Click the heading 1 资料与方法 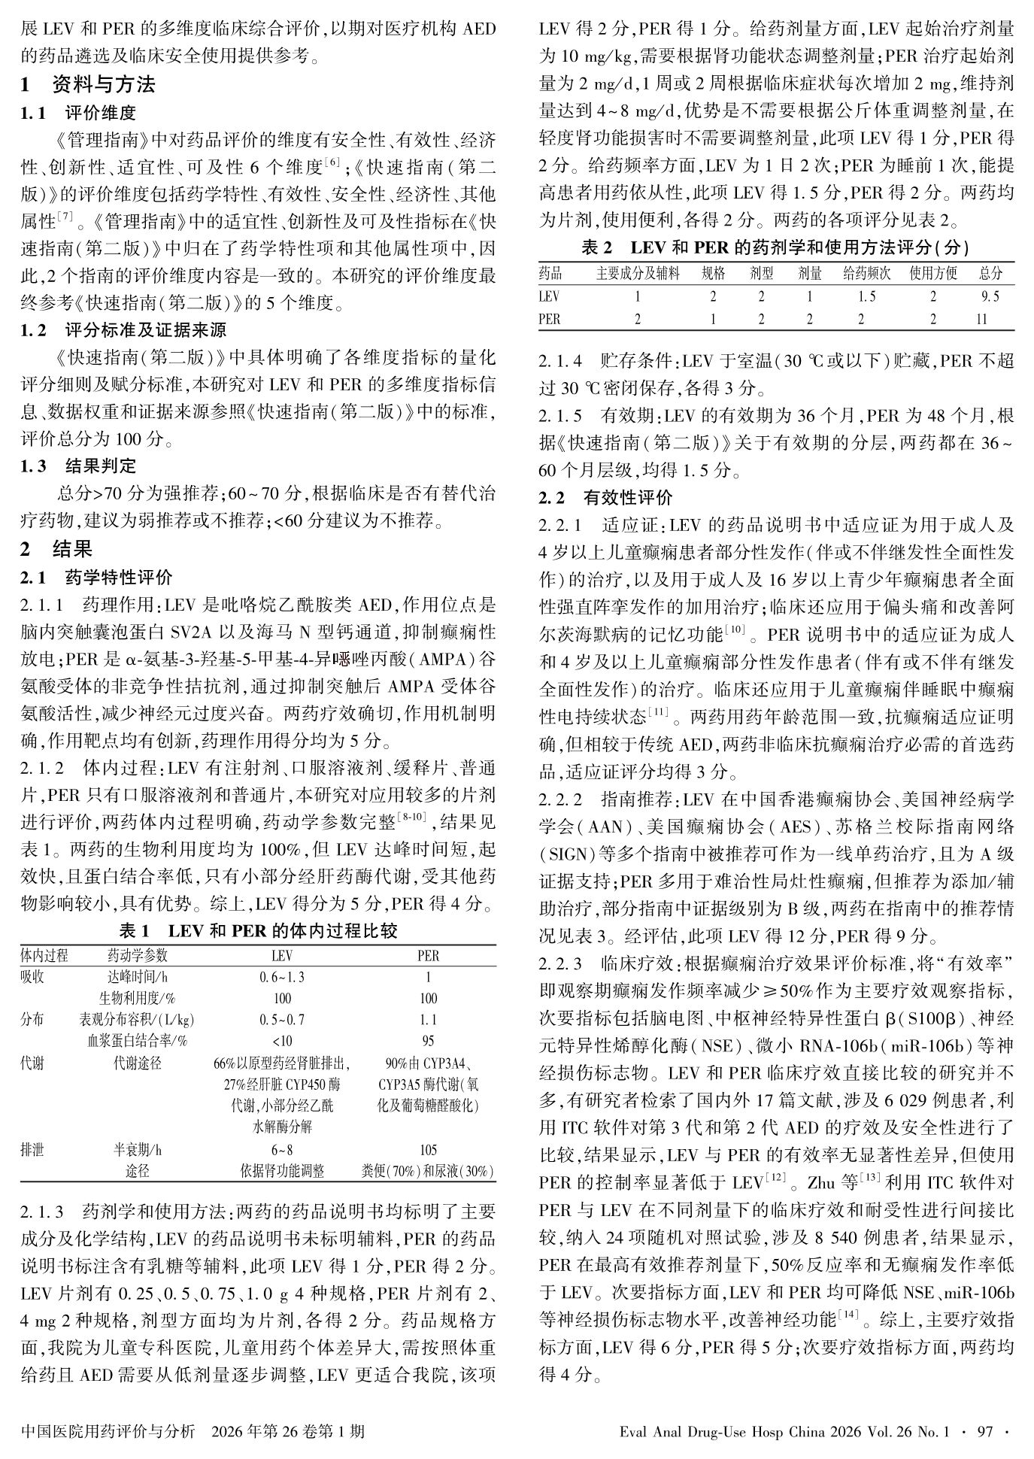[88, 85]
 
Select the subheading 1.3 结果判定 [78, 466]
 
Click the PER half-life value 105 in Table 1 [428, 1150]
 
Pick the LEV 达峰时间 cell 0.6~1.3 [281, 977]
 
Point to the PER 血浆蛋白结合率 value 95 [428, 1042]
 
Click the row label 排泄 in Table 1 [32, 1150]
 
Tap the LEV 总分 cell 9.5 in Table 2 [990, 296]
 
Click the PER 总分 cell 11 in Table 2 [981, 319]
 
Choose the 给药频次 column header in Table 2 [866, 274]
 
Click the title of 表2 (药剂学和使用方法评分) [775, 247]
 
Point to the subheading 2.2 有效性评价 [605, 497]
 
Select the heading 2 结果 [56, 549]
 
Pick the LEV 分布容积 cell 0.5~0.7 [281, 1020]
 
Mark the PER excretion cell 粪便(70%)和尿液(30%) [428, 1172]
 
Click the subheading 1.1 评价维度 [78, 113]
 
